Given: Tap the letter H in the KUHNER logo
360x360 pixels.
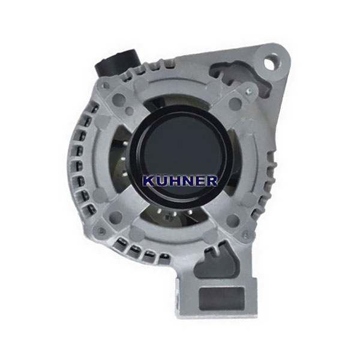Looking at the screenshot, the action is click(x=174, y=181).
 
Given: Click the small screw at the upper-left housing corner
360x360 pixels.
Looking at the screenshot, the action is click(x=105, y=86).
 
